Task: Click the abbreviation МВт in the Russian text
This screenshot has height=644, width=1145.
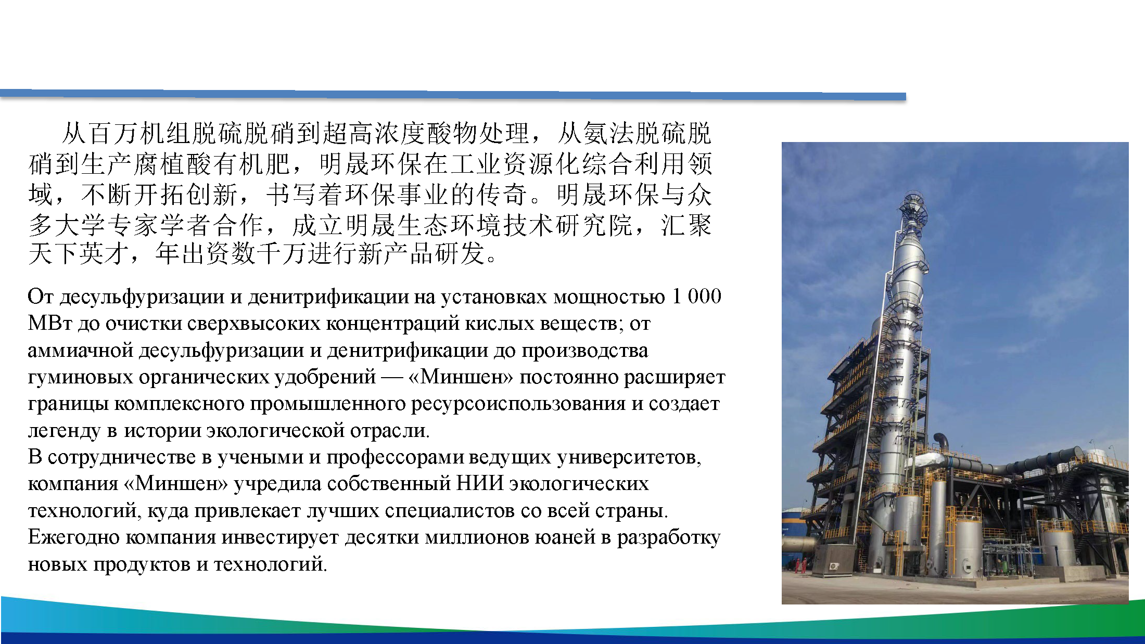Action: tap(49, 324)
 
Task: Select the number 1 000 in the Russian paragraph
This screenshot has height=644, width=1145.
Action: tap(696, 297)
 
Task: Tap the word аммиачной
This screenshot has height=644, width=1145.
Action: tap(81, 351)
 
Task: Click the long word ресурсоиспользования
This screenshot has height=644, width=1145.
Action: tap(518, 404)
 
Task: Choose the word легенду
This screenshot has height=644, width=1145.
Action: tap(63, 431)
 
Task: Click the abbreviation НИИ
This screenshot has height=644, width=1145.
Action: tap(479, 484)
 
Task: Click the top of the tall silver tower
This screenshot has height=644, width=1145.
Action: tap(913, 200)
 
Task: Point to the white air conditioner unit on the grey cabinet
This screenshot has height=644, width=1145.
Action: tap(834, 566)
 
